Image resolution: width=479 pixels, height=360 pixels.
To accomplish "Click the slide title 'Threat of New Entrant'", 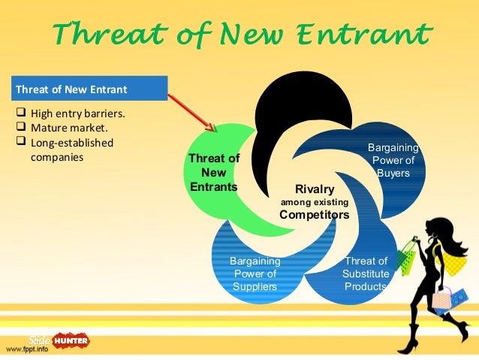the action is [243, 33].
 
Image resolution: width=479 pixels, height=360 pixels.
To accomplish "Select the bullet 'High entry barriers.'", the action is [75, 114].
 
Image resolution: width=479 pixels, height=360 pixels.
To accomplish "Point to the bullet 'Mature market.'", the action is [63, 129].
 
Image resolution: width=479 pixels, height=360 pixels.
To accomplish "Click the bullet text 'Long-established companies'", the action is [71, 150].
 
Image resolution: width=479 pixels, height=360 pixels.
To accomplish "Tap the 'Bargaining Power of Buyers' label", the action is [393, 160].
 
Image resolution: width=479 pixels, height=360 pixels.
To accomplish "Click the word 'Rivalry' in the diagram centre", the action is [315, 189].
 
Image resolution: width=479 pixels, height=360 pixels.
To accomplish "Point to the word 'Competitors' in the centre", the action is [315, 214].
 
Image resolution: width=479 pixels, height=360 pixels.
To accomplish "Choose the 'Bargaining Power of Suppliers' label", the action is [255, 274].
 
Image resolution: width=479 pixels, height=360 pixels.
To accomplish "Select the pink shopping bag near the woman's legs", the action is [442, 298].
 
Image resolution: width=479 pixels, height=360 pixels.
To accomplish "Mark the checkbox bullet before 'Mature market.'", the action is [20, 129].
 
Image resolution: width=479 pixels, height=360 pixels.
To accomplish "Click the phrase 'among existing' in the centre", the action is [315, 201].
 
